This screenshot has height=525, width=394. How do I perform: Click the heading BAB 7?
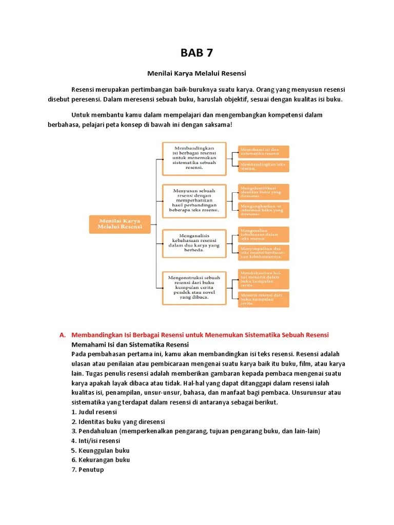(196, 53)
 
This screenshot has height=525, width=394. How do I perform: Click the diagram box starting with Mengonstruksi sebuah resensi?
(194, 287)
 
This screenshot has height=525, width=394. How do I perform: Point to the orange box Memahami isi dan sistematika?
(263, 151)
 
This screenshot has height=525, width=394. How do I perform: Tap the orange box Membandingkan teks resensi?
(263, 166)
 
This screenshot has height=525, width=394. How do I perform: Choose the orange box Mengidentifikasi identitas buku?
(263, 192)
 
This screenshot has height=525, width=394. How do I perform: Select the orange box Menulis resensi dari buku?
(263, 299)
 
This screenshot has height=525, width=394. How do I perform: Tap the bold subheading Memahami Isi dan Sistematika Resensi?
(130, 345)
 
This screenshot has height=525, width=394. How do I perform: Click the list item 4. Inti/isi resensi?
(96, 440)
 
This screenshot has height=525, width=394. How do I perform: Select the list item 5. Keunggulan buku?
(101, 450)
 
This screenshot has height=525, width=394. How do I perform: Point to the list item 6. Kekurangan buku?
(101, 460)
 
